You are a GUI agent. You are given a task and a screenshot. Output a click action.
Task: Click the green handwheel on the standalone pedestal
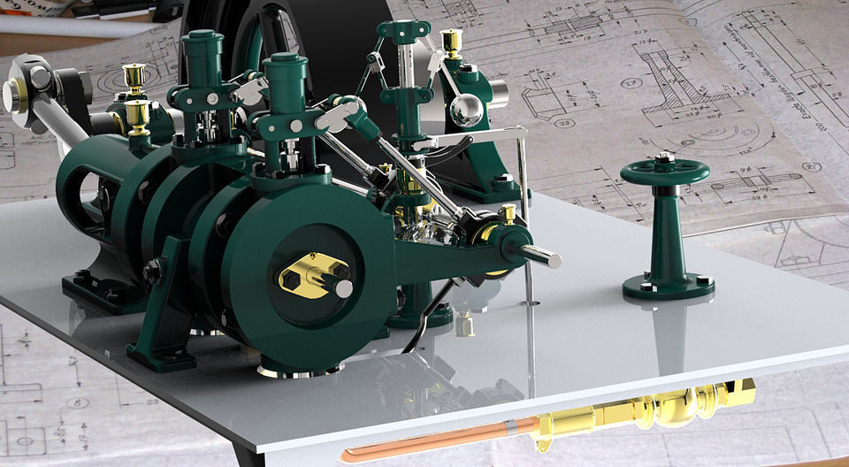(x=664, y=172)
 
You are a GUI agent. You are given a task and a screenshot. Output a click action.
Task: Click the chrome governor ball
(x=466, y=111)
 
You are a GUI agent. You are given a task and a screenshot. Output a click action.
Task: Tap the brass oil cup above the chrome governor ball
(x=452, y=42)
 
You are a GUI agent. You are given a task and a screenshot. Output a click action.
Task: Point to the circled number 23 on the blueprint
(x=565, y=123)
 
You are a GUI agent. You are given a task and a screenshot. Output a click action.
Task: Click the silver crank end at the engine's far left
(x=18, y=95)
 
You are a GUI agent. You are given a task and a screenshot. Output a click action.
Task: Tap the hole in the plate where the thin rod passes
(x=530, y=302)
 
